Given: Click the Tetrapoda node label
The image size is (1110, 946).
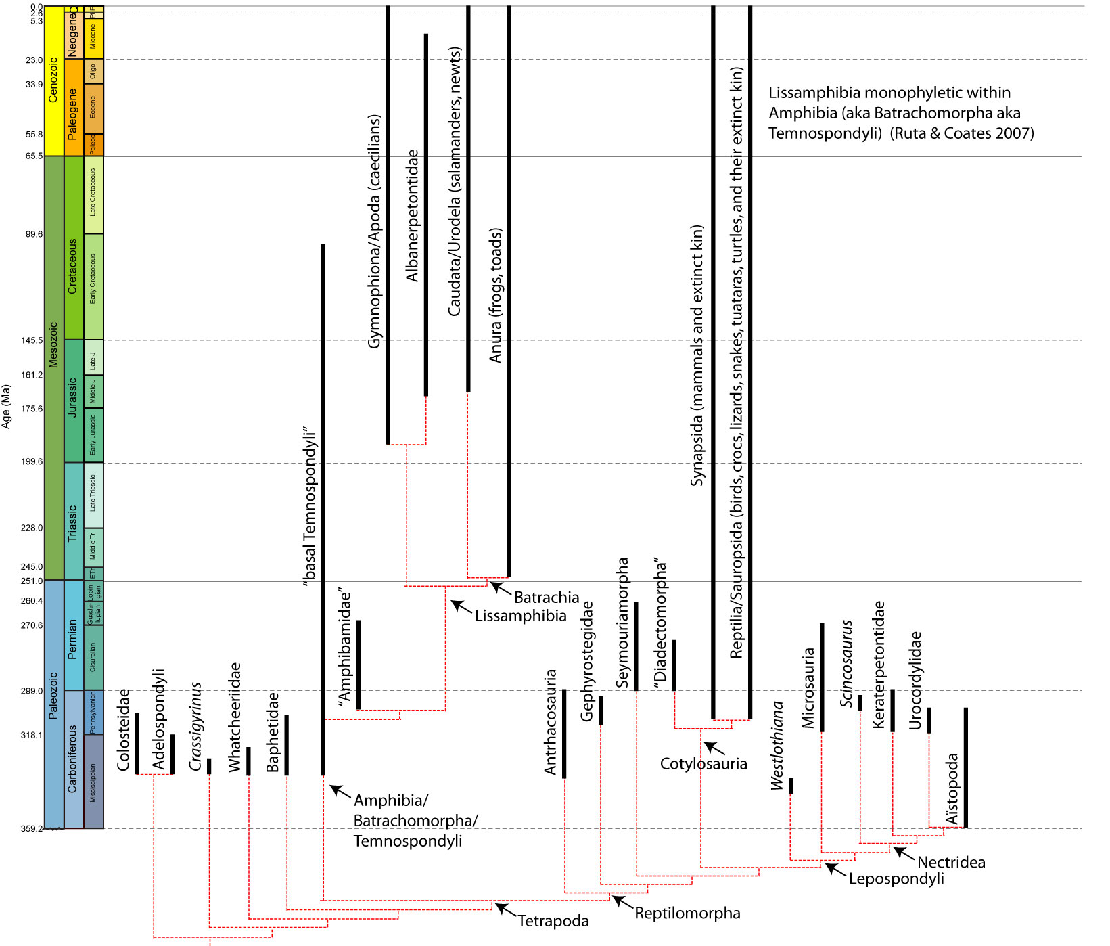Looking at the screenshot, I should [553, 921].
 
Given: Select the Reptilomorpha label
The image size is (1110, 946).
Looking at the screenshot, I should [687, 913].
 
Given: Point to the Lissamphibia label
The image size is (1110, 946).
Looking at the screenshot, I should [520, 616].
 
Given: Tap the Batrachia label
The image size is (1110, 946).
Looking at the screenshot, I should [546, 598].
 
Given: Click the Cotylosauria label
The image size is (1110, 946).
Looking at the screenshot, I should [703, 764].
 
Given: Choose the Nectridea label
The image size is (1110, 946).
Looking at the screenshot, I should [950, 862].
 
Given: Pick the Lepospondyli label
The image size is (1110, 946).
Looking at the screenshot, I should [896, 879].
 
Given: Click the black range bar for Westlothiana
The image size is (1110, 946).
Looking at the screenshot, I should [791, 786].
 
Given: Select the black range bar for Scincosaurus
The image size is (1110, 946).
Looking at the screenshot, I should [860, 702].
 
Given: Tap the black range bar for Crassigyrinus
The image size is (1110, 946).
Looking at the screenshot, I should [209, 766].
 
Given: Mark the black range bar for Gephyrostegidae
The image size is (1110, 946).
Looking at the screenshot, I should [601, 710].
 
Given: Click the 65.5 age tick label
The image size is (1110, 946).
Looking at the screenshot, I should [33, 156].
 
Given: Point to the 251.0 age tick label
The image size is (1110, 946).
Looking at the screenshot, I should [32, 581].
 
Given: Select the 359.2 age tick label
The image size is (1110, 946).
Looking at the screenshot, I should [31, 828].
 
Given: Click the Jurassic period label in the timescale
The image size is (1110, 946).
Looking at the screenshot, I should [73, 397].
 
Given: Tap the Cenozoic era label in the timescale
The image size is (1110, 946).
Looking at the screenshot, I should [53, 80].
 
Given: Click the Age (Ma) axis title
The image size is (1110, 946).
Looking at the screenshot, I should [7, 406].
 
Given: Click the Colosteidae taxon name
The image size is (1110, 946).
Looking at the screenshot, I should [123, 730].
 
